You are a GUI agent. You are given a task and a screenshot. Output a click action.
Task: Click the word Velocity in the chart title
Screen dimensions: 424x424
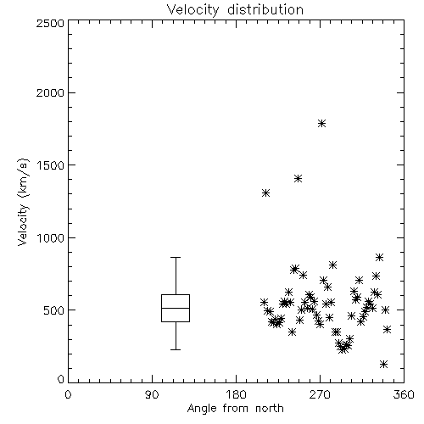[x=192, y=10]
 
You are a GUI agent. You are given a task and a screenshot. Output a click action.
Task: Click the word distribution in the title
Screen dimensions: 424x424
[x=265, y=9]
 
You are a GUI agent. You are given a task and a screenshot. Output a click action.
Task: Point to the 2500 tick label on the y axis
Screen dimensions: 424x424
[x=50, y=23]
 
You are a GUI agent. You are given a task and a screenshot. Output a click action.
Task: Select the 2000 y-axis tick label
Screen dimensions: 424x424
[x=50, y=92]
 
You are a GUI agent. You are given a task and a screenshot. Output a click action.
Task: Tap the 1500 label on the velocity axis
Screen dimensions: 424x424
[x=51, y=165]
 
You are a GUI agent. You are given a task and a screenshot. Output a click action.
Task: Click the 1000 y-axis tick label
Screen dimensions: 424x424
[x=51, y=238]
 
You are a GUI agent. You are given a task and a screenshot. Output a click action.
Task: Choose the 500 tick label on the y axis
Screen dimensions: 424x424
[x=54, y=310]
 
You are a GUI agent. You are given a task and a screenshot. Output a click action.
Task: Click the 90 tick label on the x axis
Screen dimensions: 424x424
[x=152, y=394]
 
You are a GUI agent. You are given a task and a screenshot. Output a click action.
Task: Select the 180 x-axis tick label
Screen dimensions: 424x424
[x=237, y=394]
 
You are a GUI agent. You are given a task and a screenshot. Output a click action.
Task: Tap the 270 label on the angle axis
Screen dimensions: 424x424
[x=320, y=394]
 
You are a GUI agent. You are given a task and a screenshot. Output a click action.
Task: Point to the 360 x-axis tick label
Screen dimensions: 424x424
[x=404, y=394]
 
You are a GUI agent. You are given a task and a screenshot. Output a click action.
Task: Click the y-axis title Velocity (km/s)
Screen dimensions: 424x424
[x=23, y=202]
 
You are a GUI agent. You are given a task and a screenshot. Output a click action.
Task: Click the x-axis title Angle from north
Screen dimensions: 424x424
[x=236, y=409]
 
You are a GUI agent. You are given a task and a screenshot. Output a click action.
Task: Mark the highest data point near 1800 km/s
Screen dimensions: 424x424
[x=321, y=124]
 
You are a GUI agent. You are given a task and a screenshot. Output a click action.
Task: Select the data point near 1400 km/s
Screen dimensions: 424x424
[x=298, y=179]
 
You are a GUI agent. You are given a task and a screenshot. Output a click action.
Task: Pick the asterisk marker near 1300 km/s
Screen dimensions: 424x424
[x=265, y=193]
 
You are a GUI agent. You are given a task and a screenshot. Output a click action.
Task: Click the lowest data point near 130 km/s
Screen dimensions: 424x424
[x=383, y=364]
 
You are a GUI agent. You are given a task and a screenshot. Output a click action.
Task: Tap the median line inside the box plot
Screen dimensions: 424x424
[x=176, y=308]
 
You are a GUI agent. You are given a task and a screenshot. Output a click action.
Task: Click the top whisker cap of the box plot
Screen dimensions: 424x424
[x=176, y=258]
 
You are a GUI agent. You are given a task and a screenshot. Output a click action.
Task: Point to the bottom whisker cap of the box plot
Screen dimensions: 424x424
[x=176, y=349]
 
